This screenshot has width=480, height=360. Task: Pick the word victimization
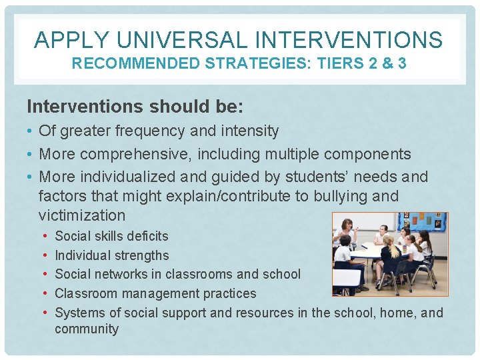pyautogui.click(x=82, y=215)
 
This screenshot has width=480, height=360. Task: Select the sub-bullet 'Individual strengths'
pyautogui.click(x=111, y=255)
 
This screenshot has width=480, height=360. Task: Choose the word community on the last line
pyautogui.click(x=87, y=329)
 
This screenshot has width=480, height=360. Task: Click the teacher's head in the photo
pyautogui.click(x=347, y=225)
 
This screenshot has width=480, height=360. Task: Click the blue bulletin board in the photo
pyautogui.click(x=421, y=223)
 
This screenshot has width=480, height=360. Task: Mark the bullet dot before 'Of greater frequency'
pyautogui.click(x=30, y=131)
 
